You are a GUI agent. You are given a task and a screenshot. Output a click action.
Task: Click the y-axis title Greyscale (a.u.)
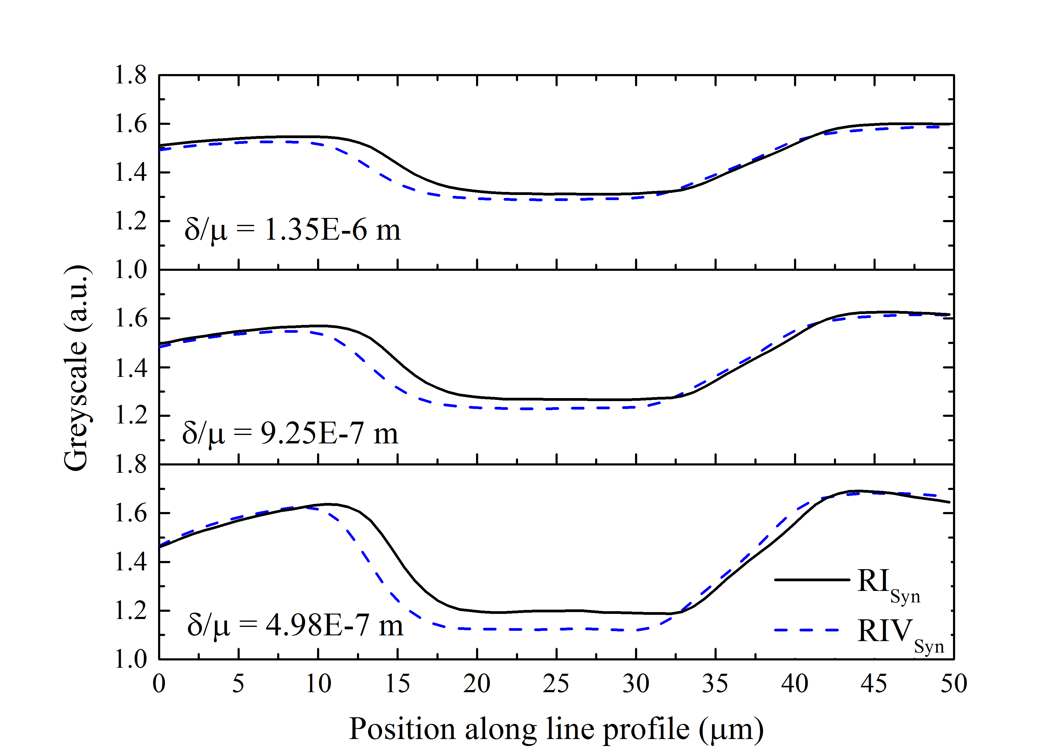[76, 368]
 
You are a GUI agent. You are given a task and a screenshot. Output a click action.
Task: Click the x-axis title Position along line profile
[556, 729]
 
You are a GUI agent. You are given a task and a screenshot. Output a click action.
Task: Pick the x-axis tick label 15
[397, 684]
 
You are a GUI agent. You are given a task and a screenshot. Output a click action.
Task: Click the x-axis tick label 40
[795, 684]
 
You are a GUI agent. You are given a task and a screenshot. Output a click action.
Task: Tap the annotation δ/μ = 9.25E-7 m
[290, 434]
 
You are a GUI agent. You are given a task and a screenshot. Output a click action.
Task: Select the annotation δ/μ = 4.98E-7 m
[295, 626]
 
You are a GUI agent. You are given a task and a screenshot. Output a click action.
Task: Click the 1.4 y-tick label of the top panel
[130, 173]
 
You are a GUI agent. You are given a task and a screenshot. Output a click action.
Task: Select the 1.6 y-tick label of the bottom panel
[130, 513]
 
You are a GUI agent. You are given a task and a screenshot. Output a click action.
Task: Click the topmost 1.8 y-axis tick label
[130, 75]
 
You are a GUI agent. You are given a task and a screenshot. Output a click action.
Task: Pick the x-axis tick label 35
[715, 684]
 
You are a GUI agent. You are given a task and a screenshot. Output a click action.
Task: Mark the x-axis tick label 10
[318, 684]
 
